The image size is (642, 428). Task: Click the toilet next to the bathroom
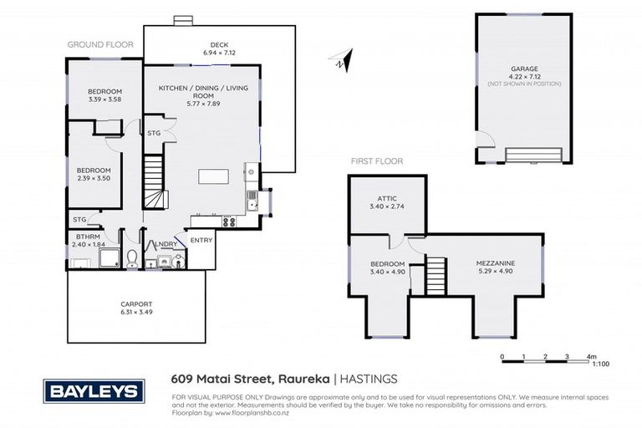(132, 258)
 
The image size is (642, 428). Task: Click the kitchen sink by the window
(252, 201)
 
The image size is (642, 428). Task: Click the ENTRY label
(201, 241)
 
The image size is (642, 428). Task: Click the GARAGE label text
(524, 69)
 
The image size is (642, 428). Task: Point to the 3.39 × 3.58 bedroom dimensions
(105, 99)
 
